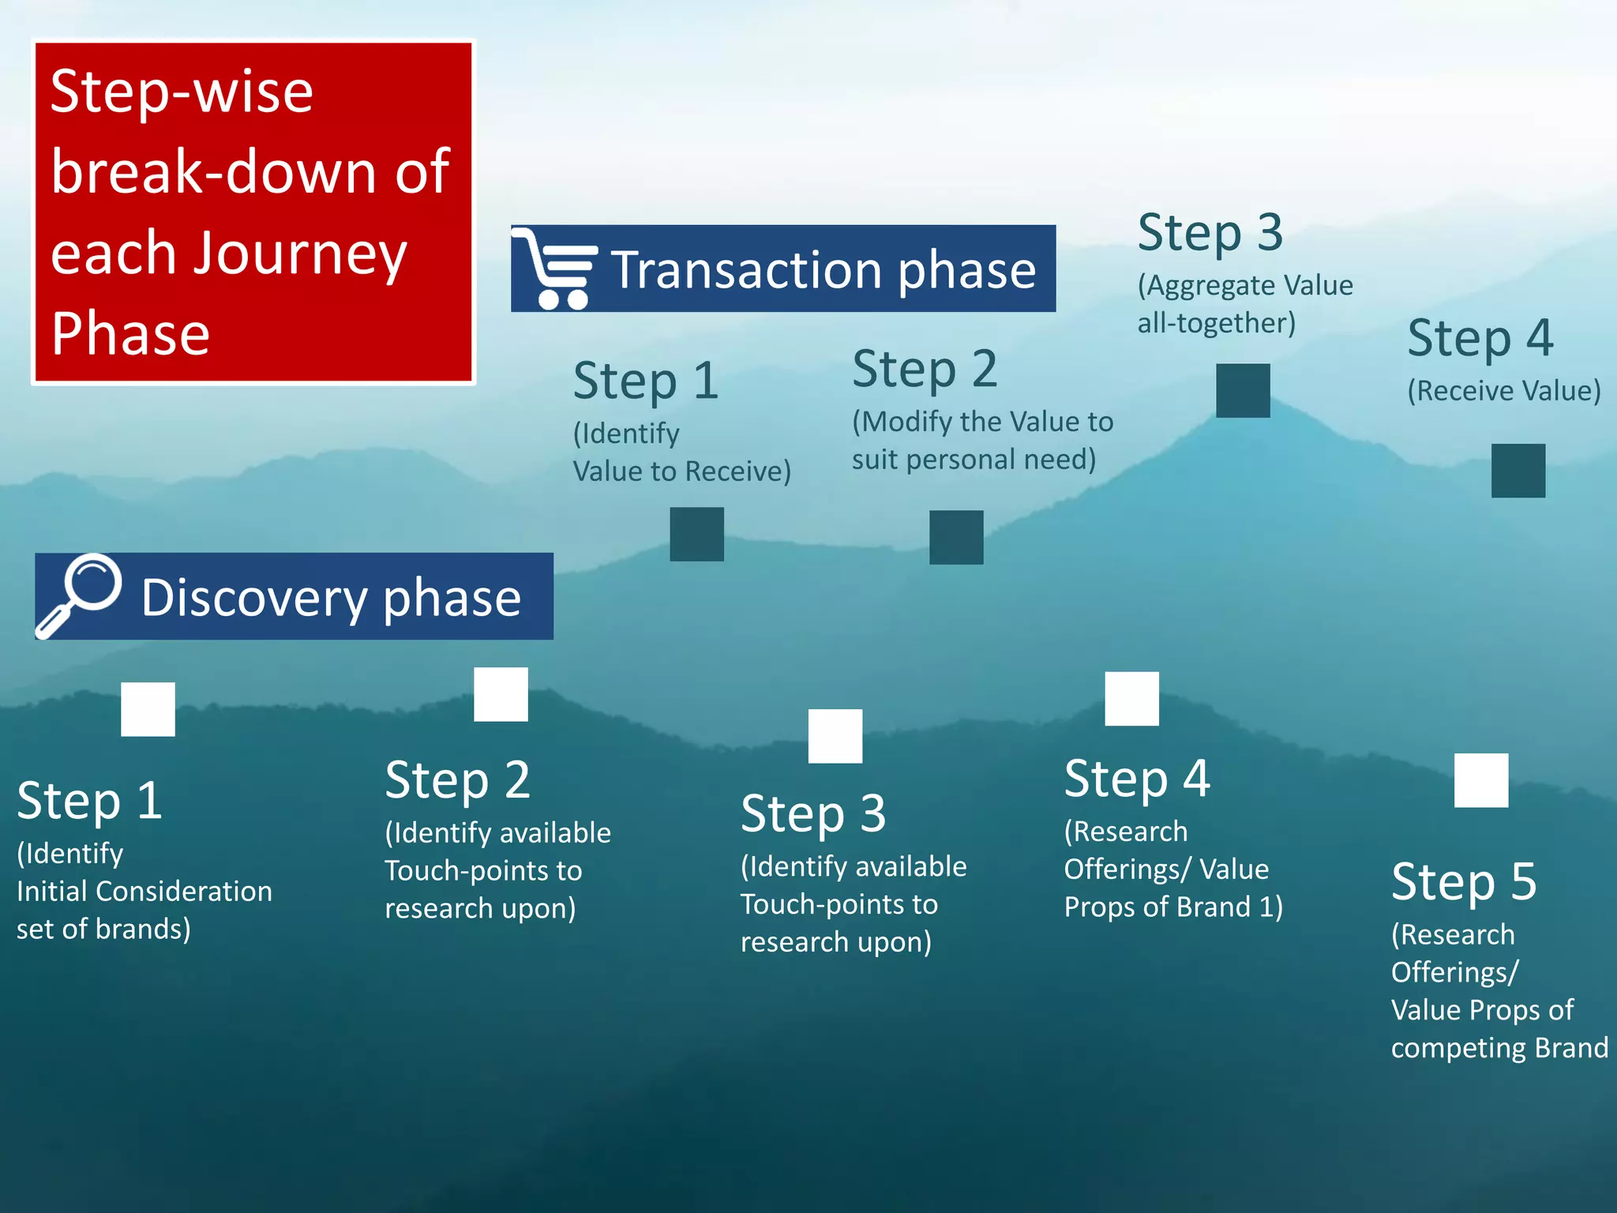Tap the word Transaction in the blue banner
point(745,270)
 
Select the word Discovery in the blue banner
point(253,598)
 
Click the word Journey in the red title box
point(300,254)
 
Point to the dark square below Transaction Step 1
point(696,535)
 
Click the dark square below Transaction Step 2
point(956,538)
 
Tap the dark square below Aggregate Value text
point(1243,391)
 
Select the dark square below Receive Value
point(1518,471)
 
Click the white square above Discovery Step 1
point(148,709)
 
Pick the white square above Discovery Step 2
point(501,694)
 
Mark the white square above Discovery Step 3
point(835,736)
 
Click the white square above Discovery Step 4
point(1131,699)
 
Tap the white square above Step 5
point(1481,780)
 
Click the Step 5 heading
point(1464,881)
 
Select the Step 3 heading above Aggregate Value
point(1210,233)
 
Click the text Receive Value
point(1504,391)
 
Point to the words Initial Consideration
point(144,892)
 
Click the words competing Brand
point(1499,1048)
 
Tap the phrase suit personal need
point(973,460)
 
